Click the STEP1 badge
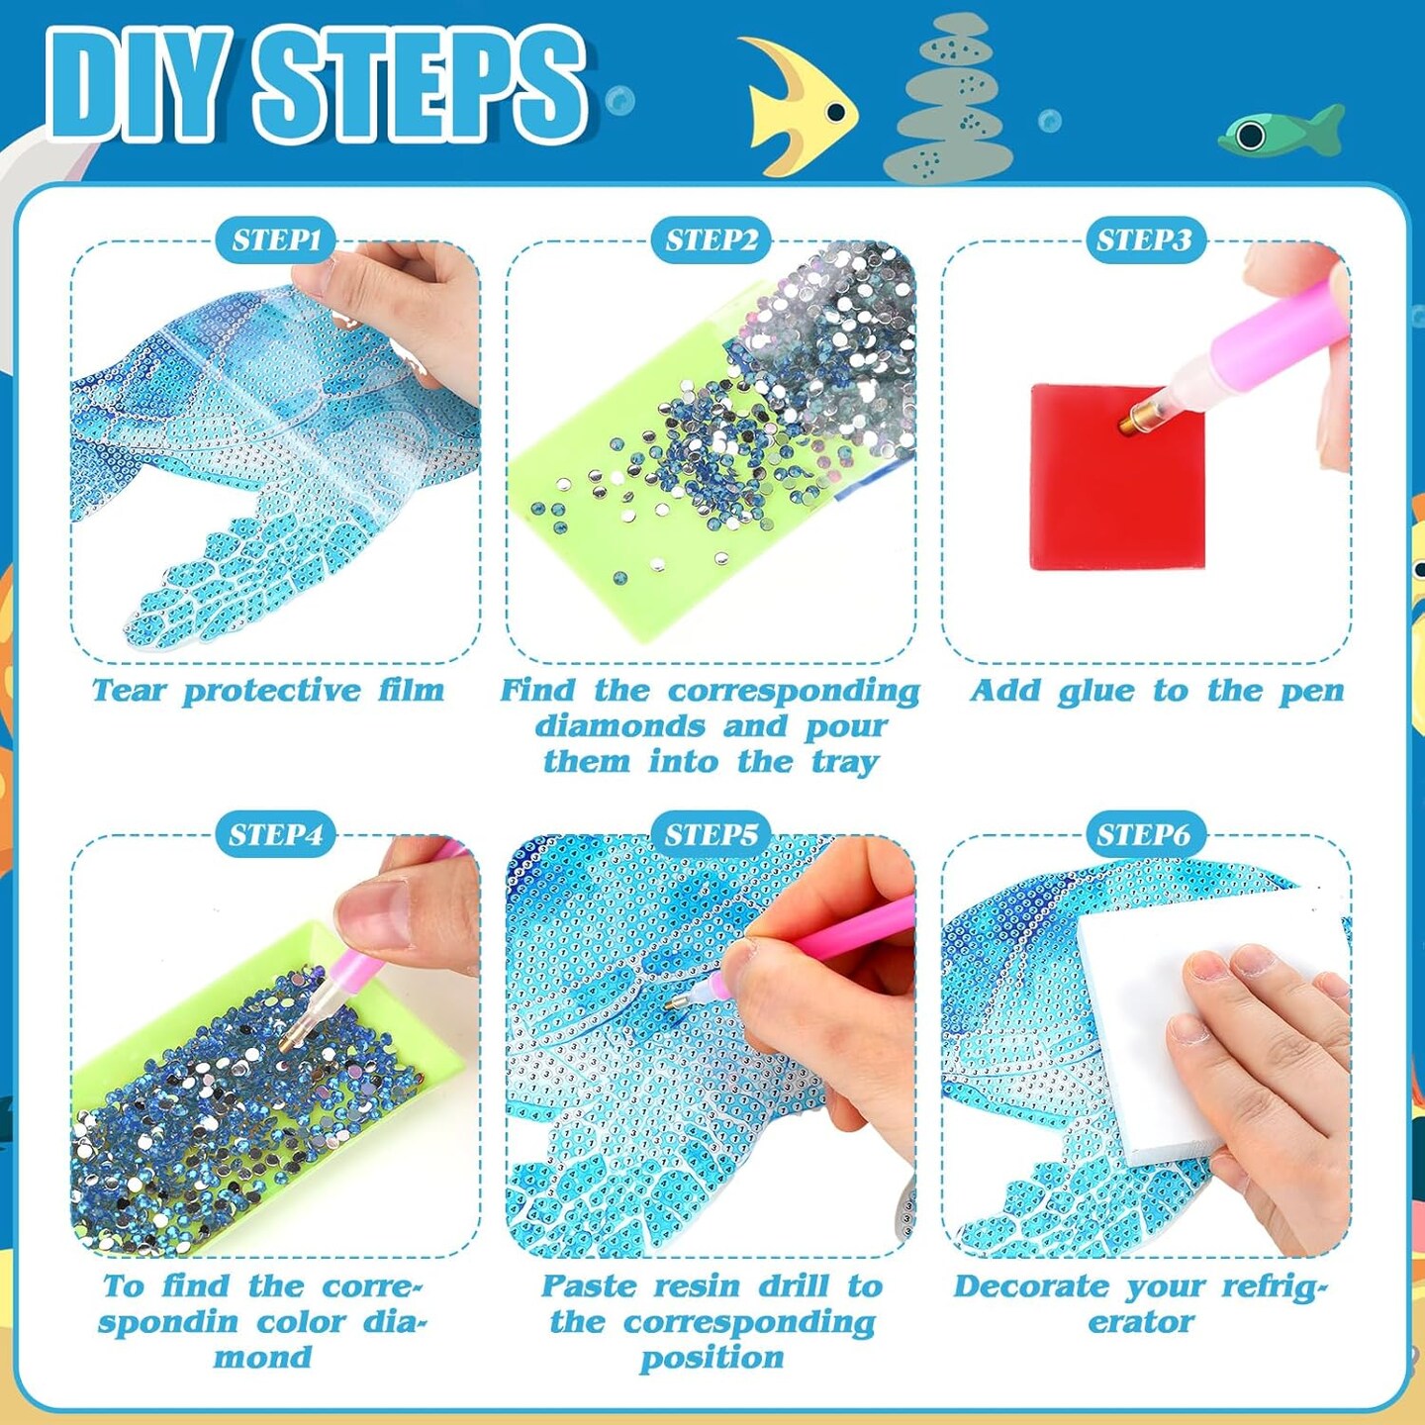(276, 240)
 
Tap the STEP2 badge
(711, 240)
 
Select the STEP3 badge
(1145, 240)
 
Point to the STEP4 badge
(276, 834)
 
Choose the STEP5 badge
(711, 834)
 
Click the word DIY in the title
(139, 87)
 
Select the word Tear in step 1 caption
(129, 690)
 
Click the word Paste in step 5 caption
(589, 1286)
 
